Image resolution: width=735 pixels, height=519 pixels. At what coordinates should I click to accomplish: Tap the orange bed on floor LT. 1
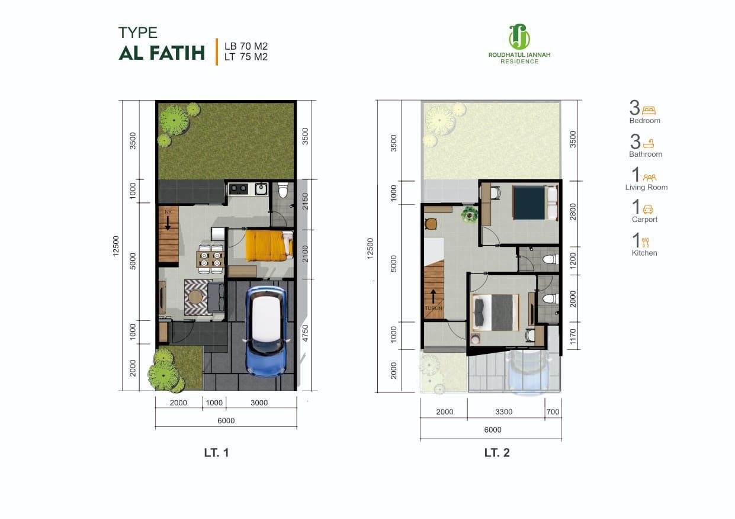coord(269,246)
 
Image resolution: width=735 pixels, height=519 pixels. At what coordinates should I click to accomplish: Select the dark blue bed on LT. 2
coord(535,203)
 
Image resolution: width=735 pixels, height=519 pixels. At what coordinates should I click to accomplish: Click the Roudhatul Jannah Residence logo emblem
coord(519,37)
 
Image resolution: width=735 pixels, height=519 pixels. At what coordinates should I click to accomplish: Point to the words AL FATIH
coord(162,53)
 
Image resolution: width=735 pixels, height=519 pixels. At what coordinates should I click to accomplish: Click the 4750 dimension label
coord(306,333)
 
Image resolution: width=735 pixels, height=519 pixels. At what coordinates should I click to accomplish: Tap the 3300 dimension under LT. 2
coord(503,412)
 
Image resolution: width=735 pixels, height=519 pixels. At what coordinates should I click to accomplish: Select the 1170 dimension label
coord(573,337)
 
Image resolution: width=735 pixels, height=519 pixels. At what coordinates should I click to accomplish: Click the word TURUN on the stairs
coord(434,308)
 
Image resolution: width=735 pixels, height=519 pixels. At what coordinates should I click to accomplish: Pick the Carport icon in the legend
coord(648,209)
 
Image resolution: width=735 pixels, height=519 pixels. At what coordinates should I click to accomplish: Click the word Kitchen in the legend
coord(644,253)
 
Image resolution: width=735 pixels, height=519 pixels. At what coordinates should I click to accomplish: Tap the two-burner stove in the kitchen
coord(239,189)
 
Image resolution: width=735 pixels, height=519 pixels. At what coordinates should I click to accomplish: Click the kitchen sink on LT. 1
coord(261,189)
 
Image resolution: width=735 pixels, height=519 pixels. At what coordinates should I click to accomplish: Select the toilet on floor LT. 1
coord(283,190)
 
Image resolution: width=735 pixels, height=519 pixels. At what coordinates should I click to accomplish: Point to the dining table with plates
coord(210,259)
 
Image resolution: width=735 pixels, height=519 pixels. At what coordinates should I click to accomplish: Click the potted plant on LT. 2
coord(470,214)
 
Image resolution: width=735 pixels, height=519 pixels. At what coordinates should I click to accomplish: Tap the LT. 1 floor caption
coord(216,453)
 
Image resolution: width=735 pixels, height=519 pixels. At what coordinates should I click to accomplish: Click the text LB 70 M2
coord(246,46)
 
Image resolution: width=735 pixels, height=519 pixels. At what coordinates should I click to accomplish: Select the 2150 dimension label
coord(306,201)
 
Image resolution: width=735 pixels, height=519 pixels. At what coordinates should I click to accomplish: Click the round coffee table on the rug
coord(195,297)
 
